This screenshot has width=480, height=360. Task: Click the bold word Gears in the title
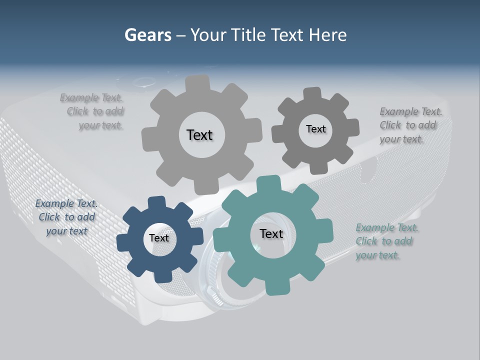(147, 35)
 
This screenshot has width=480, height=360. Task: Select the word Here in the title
(328, 35)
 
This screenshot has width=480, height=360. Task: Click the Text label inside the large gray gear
(199, 135)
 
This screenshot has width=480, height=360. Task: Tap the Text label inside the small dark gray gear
(315, 129)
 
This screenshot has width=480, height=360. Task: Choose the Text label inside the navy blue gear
(159, 238)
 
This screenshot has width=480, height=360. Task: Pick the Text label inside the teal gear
(271, 233)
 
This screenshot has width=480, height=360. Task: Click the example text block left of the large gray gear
(95, 111)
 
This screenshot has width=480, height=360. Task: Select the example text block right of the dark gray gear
(410, 125)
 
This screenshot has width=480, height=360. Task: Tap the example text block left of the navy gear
(66, 217)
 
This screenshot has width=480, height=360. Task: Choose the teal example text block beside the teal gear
(386, 241)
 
